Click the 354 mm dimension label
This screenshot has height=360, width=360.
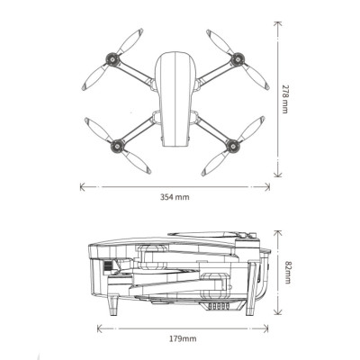175,197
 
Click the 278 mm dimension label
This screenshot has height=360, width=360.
284,98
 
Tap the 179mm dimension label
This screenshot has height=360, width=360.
183,338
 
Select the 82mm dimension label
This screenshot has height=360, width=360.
287,272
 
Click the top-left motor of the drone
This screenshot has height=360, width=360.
112,58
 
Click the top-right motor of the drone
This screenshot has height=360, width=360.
238,58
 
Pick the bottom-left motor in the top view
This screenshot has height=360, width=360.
117,146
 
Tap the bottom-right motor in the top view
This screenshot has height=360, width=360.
232,145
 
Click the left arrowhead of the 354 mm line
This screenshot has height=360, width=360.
83,187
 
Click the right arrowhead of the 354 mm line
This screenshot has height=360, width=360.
266,187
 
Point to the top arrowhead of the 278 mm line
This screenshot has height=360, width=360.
278,24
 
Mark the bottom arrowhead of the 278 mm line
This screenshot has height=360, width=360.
278,174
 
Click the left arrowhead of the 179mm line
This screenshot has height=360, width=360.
101,328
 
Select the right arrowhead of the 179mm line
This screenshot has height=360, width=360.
265,328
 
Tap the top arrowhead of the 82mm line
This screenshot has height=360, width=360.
278,234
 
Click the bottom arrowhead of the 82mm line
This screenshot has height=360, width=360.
278,311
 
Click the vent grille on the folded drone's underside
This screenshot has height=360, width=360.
219,306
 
